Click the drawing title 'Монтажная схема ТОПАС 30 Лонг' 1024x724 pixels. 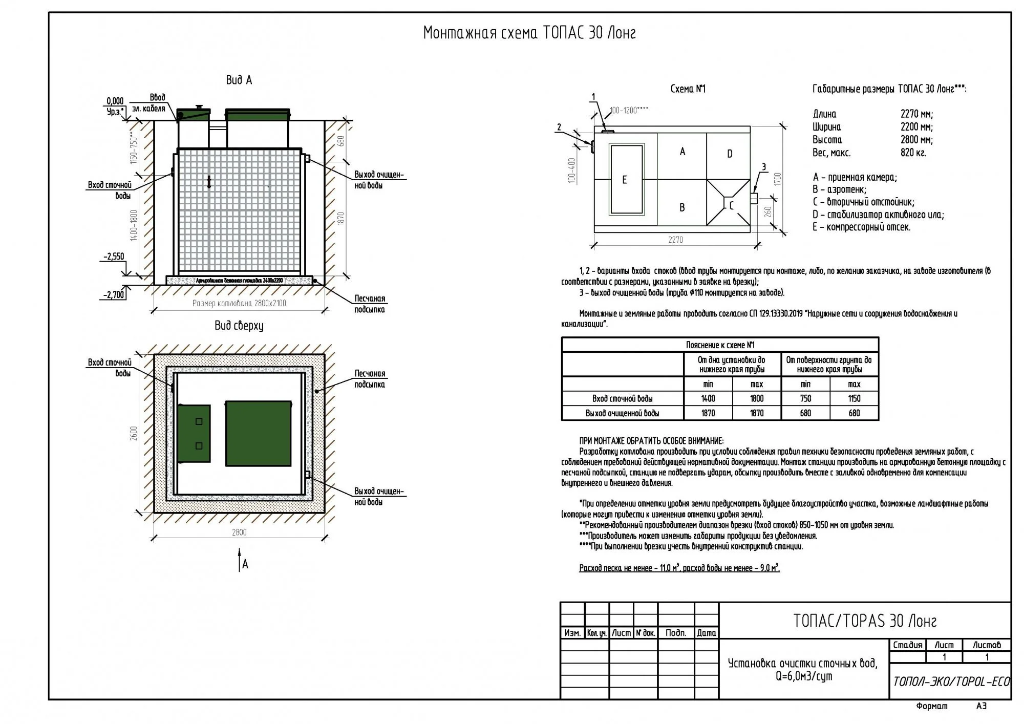click(529, 33)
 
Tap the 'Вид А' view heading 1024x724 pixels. click(239, 80)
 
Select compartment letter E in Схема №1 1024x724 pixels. click(624, 180)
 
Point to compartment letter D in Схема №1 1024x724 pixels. click(730, 154)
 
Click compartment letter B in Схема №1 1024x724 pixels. click(682, 207)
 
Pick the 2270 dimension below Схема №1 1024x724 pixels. click(675, 240)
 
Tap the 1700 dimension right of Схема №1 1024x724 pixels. click(778, 179)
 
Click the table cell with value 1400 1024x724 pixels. click(708, 398)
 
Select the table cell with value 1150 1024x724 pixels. click(854, 398)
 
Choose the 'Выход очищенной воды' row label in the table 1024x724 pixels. click(622, 413)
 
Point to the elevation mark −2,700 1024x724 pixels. click(114, 295)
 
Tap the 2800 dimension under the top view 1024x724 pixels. click(239, 532)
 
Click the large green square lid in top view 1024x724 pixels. click(259, 433)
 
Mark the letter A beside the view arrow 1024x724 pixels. click(245, 564)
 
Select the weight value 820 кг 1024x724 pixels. click(913, 153)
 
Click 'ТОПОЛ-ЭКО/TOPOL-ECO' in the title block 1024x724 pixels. click(951, 682)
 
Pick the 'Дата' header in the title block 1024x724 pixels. click(707, 633)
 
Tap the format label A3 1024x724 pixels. click(981, 706)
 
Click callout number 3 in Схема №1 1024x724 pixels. click(764, 166)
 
